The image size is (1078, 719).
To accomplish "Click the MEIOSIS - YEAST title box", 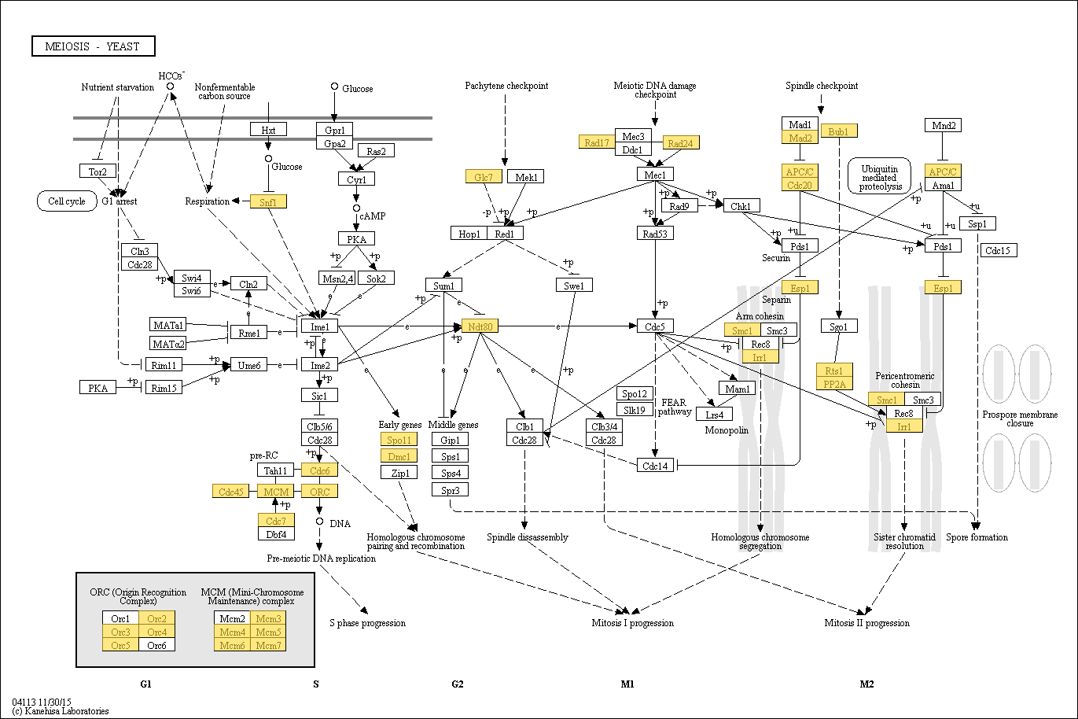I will pyautogui.click(x=94, y=46).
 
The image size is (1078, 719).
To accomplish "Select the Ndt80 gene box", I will pyautogui.click(x=480, y=326).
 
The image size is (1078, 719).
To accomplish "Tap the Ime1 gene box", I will pyautogui.click(x=319, y=326).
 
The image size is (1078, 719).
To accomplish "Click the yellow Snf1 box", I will pyautogui.click(x=268, y=201).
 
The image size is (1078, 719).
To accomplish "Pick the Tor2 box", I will pyautogui.click(x=97, y=171).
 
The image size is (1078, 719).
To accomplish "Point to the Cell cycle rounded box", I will pyautogui.click(x=67, y=201).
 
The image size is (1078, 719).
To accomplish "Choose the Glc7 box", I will pyautogui.click(x=483, y=177).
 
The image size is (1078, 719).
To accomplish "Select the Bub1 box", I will pyautogui.click(x=838, y=131).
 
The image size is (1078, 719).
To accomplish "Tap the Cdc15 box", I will pyautogui.click(x=999, y=250).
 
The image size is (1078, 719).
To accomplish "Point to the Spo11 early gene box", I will pyautogui.click(x=399, y=440).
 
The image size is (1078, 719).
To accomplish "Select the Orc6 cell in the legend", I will pyautogui.click(x=156, y=645).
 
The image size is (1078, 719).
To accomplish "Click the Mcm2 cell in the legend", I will pyautogui.click(x=232, y=618).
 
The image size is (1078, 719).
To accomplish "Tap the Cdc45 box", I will pyautogui.click(x=230, y=492).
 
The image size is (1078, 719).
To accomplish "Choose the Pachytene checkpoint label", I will pyautogui.click(x=506, y=86).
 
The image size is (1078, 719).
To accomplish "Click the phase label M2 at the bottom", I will pyautogui.click(x=866, y=684).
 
